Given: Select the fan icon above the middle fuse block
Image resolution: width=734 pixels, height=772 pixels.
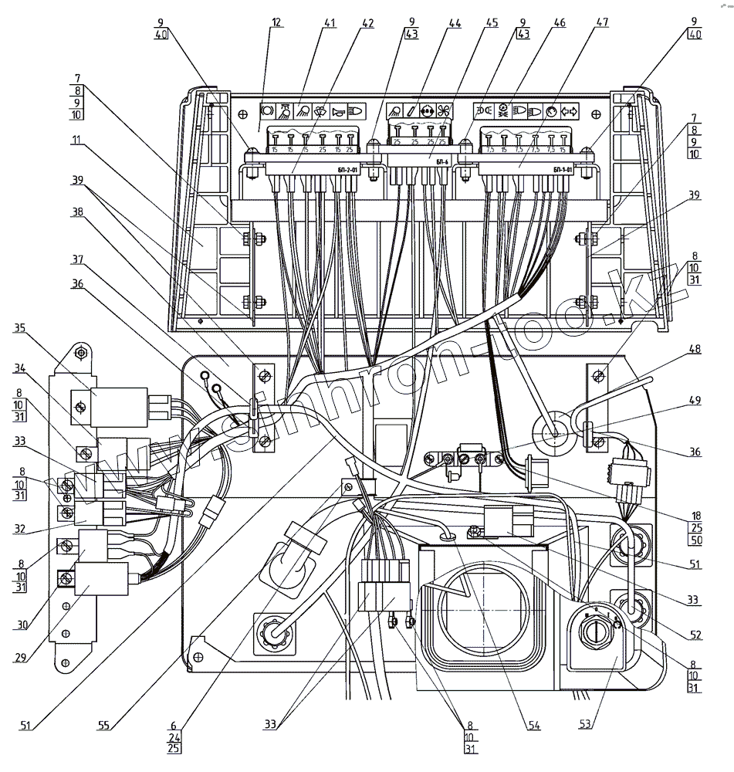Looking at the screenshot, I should pos(443,110).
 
